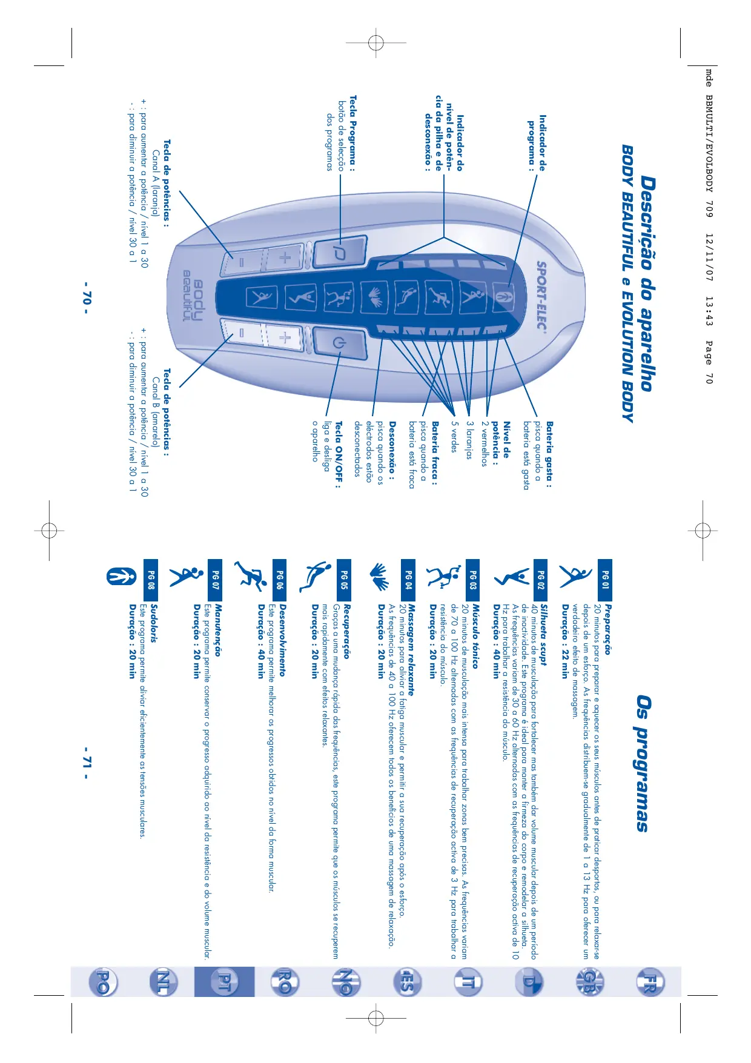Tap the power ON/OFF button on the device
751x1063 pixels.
(x=340, y=343)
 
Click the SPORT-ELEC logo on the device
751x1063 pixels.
(x=541, y=296)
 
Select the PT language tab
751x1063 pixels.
(x=224, y=982)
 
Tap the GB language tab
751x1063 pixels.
(x=587, y=982)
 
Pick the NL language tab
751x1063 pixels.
(x=164, y=982)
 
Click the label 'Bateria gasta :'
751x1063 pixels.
(x=549, y=454)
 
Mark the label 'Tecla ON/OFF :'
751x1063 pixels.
(x=338, y=454)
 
